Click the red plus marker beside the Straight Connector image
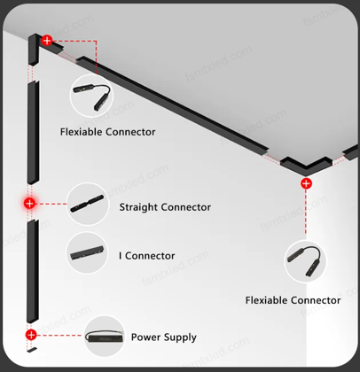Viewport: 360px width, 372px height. click(x=29, y=204)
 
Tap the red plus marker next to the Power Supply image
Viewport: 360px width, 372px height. click(x=31, y=335)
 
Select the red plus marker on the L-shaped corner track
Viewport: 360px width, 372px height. click(x=47, y=41)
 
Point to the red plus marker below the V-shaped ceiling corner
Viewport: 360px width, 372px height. click(x=306, y=183)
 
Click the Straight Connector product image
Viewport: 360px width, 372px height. click(x=88, y=204)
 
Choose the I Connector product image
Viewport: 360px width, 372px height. click(x=87, y=252)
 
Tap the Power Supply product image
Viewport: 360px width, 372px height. click(x=104, y=337)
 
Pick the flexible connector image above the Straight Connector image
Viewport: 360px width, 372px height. click(x=91, y=96)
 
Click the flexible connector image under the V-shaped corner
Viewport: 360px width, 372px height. click(x=305, y=261)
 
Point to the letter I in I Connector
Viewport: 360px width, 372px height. click(x=121, y=256)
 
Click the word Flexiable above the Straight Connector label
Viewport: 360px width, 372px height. click(x=82, y=132)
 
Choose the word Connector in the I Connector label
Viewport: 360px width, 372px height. click(x=150, y=256)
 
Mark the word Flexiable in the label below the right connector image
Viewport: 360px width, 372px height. click(x=266, y=300)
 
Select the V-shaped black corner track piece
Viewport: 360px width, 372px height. click(x=306, y=164)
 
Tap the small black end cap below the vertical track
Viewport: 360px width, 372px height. click(x=32, y=350)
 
